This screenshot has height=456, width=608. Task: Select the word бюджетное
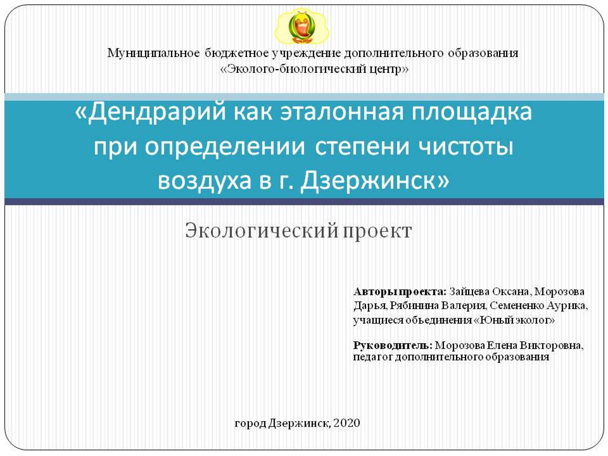236,53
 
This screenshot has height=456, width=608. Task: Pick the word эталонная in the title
341,112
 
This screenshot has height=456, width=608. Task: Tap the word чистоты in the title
466,147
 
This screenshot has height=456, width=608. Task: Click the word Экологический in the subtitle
261,230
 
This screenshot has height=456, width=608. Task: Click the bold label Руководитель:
393,346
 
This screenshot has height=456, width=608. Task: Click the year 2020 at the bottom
347,423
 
